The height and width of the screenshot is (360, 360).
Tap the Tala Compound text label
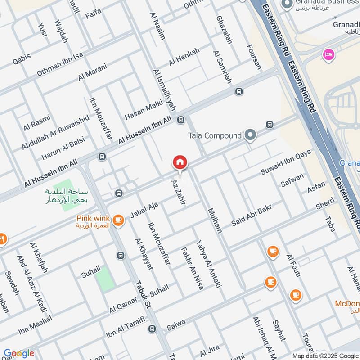[215, 135]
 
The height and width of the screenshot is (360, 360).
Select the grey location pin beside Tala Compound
[251, 135]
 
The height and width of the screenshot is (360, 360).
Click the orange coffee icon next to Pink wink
[118, 220]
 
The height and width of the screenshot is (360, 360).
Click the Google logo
[18, 353]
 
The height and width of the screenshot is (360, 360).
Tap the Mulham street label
[215, 220]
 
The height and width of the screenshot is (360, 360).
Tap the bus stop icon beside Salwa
[152, 329]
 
